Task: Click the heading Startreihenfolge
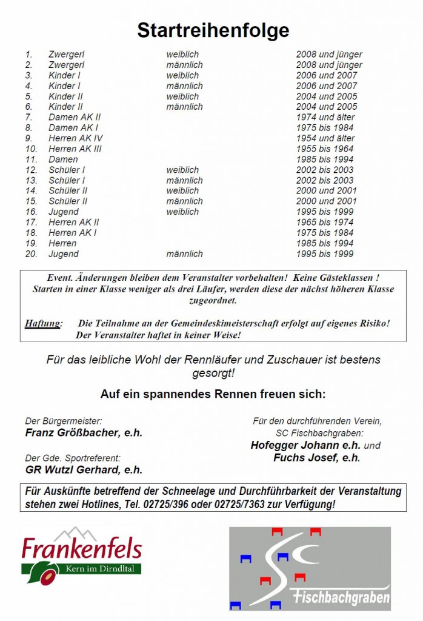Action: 213,30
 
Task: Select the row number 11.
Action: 32,159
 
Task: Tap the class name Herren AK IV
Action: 76,138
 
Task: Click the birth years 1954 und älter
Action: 325,138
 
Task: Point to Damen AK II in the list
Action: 75,117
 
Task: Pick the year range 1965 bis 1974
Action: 325,223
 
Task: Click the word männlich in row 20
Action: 185,254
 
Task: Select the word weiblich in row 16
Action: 182,212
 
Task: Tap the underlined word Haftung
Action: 43,323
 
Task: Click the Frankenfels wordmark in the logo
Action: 82,549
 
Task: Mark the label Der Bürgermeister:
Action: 64,421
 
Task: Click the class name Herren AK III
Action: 75,149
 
